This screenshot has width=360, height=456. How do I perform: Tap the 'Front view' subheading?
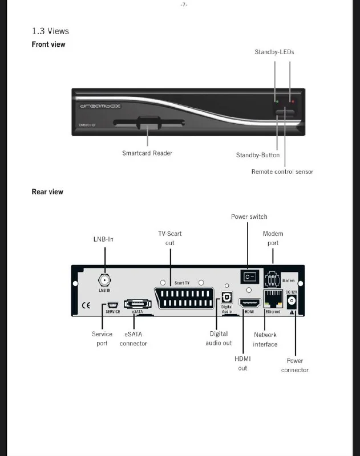[48, 44]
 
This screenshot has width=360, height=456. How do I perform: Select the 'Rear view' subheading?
[47, 192]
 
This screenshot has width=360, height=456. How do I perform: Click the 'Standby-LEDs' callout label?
[274, 52]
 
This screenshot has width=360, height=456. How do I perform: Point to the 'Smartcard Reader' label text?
[147, 153]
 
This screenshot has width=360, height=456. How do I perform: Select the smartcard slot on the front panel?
[148, 123]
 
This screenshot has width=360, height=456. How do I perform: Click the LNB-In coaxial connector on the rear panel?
[104, 280]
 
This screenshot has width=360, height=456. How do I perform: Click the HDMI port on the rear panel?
[249, 302]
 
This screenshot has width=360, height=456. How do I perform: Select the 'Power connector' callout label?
[295, 365]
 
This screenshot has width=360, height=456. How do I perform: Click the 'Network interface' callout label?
[265, 340]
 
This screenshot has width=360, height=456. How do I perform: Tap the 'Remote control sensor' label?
[282, 172]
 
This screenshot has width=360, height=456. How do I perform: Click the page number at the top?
[184, 5]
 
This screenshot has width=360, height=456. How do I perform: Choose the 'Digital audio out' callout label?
[219, 339]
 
